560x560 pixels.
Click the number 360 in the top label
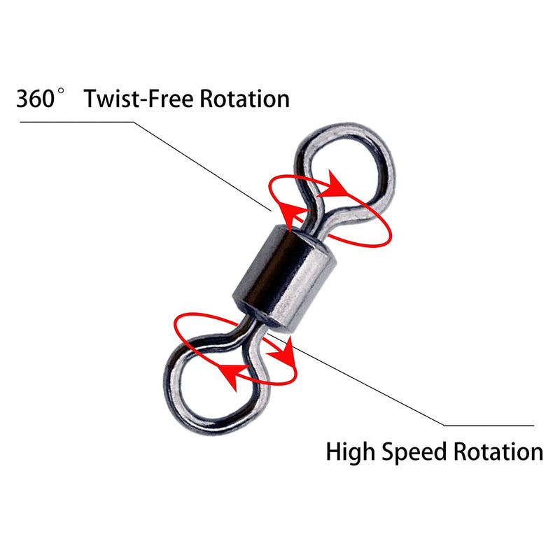click(35, 99)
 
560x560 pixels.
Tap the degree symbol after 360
click(61, 91)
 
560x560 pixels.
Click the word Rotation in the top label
click(244, 99)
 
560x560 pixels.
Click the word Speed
click(414, 452)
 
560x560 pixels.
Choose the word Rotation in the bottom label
click(498, 451)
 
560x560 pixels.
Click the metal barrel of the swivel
click(284, 279)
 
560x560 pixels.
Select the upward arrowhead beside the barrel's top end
click(290, 215)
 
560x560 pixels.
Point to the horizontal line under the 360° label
click(76, 122)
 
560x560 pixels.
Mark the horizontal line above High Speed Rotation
click(489, 426)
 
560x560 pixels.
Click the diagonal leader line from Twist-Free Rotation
click(202, 167)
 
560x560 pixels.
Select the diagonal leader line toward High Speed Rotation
click(356, 379)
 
